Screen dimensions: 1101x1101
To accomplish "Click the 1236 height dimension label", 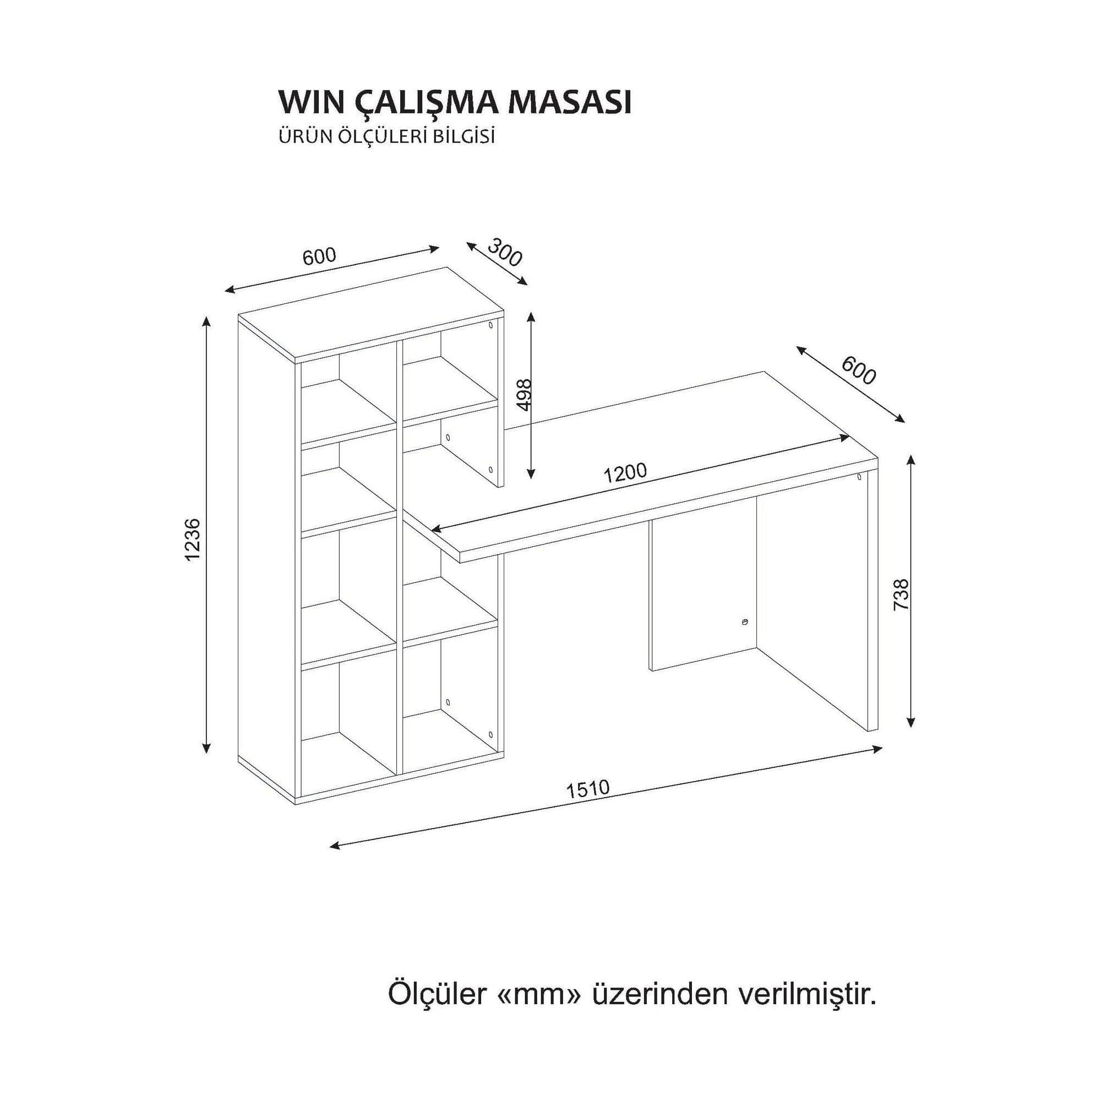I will [193, 539].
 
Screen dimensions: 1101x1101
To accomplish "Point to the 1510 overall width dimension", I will [587, 789].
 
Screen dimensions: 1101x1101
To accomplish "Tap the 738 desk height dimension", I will [901, 596].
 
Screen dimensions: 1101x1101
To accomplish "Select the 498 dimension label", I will [523, 394].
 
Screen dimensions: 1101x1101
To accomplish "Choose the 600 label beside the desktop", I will [858, 370].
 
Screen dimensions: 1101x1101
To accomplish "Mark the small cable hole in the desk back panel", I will [745, 622].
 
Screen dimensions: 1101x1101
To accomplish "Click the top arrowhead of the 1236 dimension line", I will [207, 320].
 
